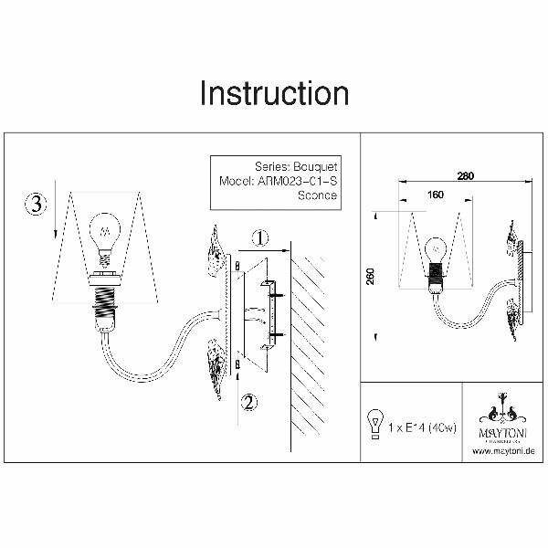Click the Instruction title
click(274, 92)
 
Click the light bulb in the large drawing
click(105, 230)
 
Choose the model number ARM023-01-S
click(279, 182)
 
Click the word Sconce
click(318, 195)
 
